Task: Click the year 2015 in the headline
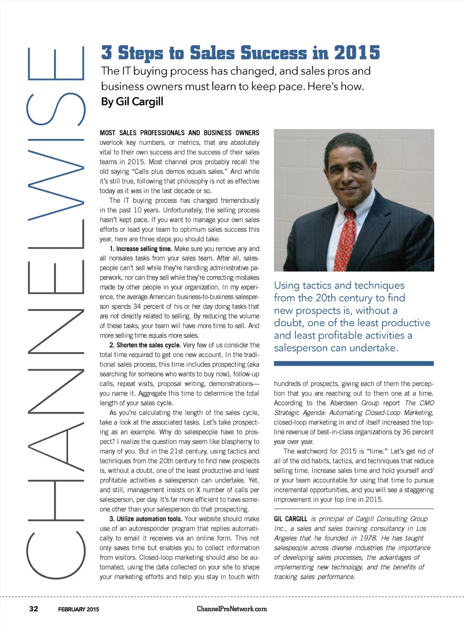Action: click(357, 53)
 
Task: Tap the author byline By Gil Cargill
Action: click(132, 101)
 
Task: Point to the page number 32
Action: click(34, 608)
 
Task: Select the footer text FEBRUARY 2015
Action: click(78, 609)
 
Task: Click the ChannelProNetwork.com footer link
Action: click(232, 609)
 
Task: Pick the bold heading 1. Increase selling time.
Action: click(140, 248)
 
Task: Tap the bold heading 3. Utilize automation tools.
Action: click(145, 519)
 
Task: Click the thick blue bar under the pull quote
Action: click(353, 363)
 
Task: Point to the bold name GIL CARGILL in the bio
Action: click(290, 519)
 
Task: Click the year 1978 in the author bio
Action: click(367, 538)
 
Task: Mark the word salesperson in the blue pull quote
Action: click(301, 348)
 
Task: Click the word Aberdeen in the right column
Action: click(343, 403)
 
